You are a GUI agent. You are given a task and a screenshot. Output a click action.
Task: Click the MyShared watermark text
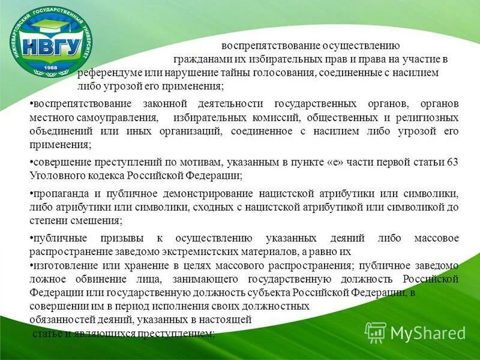click(428, 332)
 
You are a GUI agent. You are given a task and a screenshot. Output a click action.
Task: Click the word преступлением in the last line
click(175, 333)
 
